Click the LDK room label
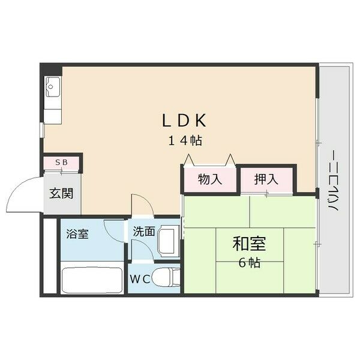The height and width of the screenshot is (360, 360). click(184, 121)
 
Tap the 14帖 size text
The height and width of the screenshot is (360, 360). click(184, 142)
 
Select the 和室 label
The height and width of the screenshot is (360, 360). click(250, 245)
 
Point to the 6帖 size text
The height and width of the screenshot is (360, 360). click(249, 263)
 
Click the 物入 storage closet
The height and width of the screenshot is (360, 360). click(210, 179)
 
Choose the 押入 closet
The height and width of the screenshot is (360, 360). click(266, 179)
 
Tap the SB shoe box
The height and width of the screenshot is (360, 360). click(61, 163)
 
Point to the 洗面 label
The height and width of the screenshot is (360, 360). click(144, 230)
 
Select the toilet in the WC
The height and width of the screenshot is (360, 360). click(167, 278)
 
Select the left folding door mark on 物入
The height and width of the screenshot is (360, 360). click(190, 160)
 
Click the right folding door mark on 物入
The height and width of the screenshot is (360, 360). click(230, 160)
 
